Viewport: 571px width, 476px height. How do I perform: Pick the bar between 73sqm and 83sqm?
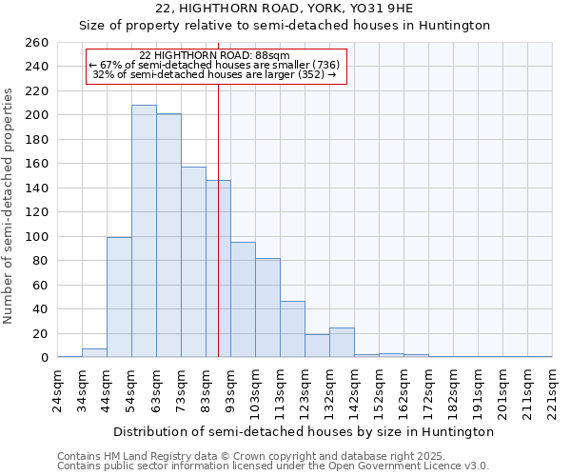pyautogui.click(x=193, y=262)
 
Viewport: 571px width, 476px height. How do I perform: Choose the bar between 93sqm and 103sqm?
pyautogui.click(x=243, y=300)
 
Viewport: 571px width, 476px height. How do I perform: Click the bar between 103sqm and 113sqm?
pyautogui.click(x=267, y=307)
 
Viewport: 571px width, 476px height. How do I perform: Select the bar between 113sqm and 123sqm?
pyautogui.click(x=292, y=329)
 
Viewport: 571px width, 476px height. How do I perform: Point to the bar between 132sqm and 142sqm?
pyautogui.click(x=342, y=343)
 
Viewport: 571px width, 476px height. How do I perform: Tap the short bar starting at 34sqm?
pyautogui.click(x=94, y=353)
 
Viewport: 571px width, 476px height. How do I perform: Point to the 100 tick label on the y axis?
pyautogui.click(x=35, y=236)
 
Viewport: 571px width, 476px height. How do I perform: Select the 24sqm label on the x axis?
pyautogui.click(x=58, y=387)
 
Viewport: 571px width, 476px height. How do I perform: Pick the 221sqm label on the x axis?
pyautogui.click(x=553, y=389)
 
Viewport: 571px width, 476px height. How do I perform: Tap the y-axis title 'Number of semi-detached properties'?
pyautogui.click(x=9, y=206)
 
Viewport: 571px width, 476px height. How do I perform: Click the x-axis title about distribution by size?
pyautogui.click(x=309, y=431)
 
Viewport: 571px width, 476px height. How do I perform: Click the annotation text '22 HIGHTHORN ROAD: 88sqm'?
pyautogui.click(x=214, y=55)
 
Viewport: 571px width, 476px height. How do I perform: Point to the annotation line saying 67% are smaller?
pyautogui.click(x=214, y=65)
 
